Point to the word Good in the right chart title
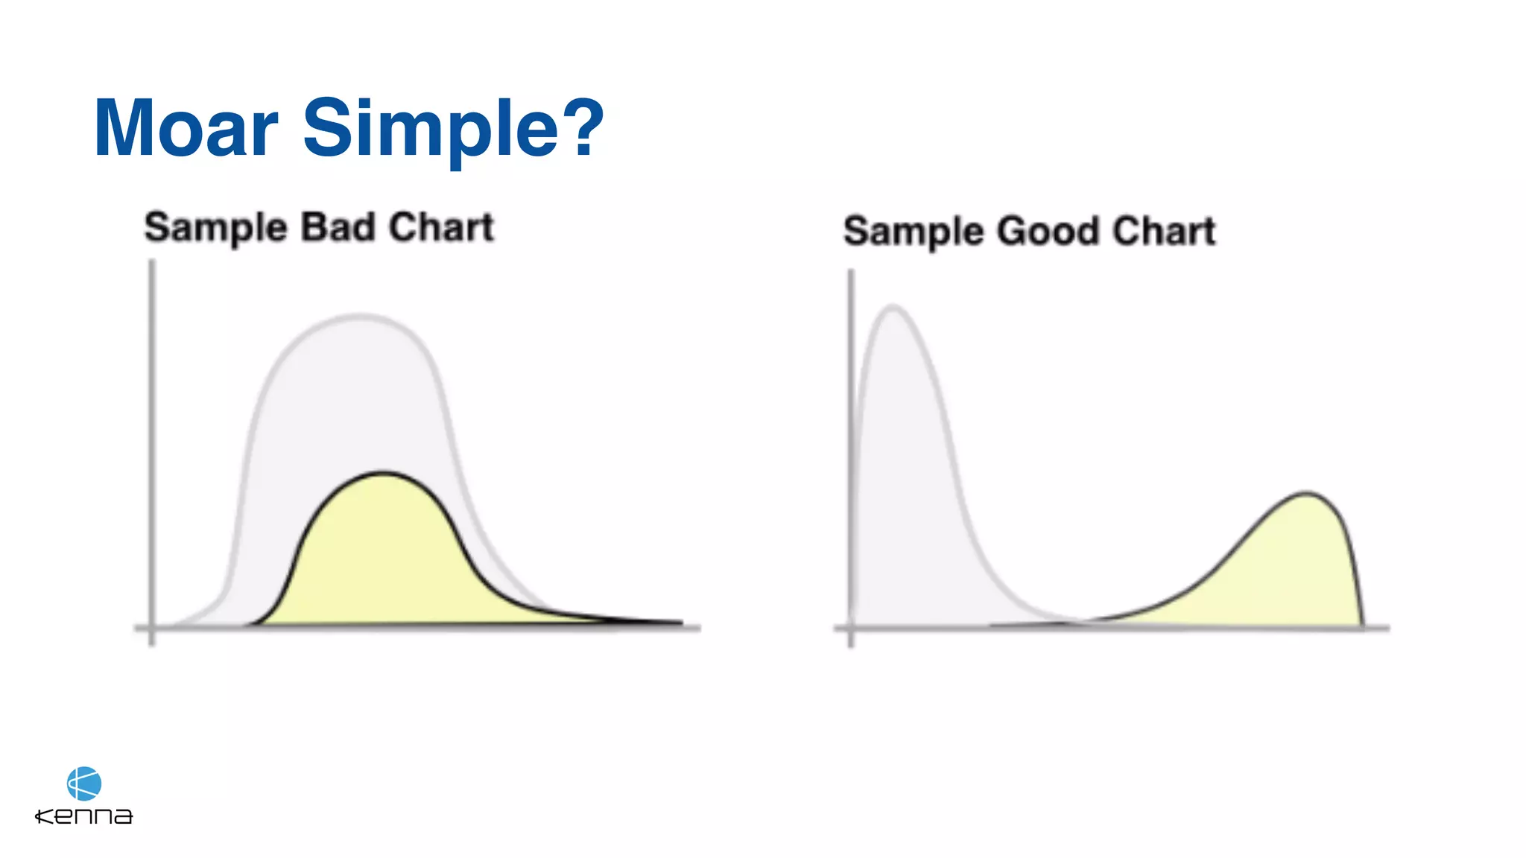(1048, 231)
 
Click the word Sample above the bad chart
(215, 228)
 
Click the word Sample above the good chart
(914, 232)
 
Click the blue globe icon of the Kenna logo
(84, 784)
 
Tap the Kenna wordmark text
(84, 816)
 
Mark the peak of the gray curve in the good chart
(893, 306)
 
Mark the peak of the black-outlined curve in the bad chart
(383, 473)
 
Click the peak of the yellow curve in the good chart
(1305, 492)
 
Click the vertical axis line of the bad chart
(152, 447)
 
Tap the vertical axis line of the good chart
(851, 447)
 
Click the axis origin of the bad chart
(152, 628)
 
